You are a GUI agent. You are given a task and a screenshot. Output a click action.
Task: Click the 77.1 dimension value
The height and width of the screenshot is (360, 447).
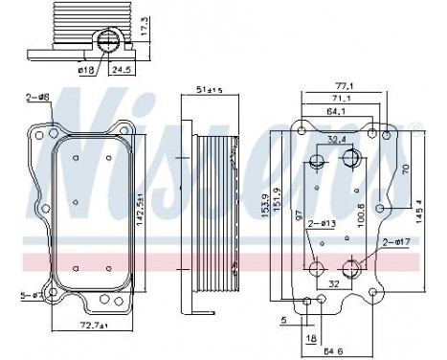pos(343,86)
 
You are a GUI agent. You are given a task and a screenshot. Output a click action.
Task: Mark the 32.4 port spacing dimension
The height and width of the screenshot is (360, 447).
pos(337,140)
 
